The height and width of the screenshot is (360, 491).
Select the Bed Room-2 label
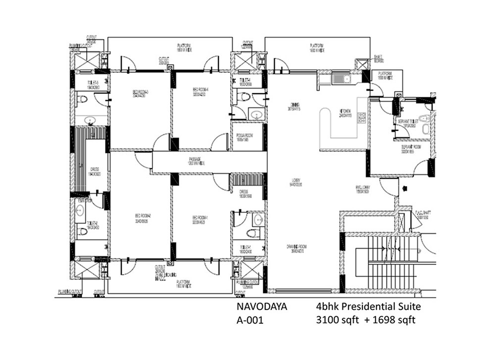[x=143, y=218]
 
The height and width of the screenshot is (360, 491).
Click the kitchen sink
[x=341, y=78]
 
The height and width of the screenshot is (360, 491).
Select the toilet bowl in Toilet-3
[x=83, y=100]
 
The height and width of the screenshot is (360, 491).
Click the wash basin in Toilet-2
[x=81, y=210]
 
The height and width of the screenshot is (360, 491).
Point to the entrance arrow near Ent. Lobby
[x=406, y=188]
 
